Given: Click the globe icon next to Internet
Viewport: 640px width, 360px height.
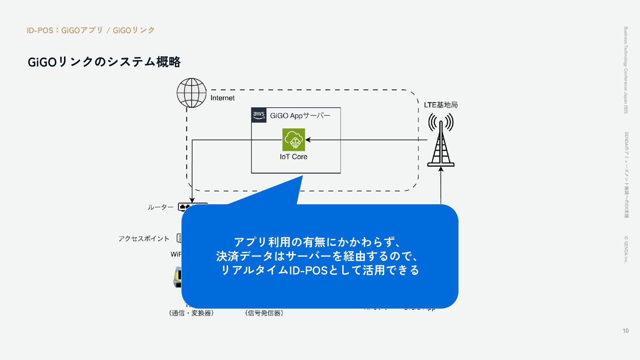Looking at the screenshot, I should pos(191,93).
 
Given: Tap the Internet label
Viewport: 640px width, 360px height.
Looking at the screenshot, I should pos(222,98).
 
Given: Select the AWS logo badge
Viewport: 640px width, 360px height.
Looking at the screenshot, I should pos(259,115).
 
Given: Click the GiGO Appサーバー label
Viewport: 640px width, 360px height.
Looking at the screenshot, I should pos(300,116).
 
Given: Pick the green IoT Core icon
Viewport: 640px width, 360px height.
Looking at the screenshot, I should pos(294,140).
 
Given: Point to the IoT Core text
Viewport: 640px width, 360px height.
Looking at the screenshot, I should pos(293,157).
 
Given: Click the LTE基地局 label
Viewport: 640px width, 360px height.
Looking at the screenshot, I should pos(441,105).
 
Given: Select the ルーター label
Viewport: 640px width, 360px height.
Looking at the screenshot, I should pos(160,207).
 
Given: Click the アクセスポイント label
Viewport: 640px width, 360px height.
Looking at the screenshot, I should pos(144,239).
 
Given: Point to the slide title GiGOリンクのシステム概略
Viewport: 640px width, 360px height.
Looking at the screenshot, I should pos(104,62).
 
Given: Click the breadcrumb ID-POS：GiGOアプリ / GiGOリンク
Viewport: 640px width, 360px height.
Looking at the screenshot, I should pos(91,30).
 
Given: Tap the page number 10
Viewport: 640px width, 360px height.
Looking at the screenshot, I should pos(625,331).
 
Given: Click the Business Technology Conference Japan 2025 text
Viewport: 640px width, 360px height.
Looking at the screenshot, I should pos(626,70).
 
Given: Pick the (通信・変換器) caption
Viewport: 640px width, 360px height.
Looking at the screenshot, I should pos(191,313).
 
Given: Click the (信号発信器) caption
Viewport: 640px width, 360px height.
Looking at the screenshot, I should pos(264,313).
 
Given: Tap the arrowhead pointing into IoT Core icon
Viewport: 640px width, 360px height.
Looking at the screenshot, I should pos(308,140).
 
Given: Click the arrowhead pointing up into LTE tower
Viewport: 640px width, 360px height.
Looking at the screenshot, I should pos(441,169).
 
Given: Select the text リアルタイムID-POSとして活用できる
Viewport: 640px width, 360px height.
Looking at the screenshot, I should pos(320,270).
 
